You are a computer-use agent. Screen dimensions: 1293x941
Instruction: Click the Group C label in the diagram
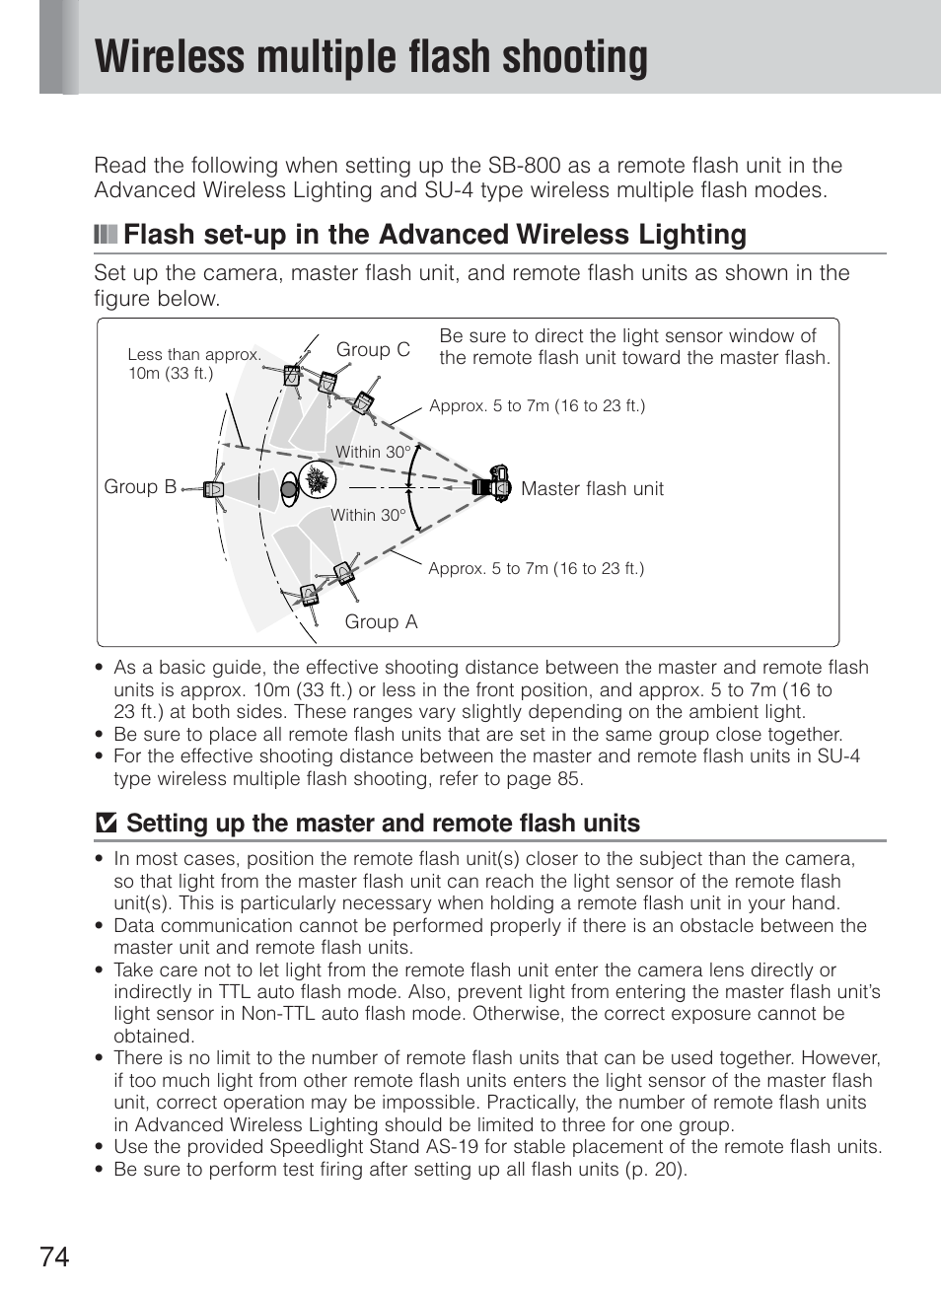pos(373,350)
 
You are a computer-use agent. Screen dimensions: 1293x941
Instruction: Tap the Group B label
pos(140,487)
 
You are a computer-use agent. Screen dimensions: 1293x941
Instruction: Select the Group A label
pos(381,621)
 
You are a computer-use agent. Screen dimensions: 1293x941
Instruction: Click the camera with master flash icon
pos(492,485)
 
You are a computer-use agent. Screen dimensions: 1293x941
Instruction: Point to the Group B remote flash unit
pos(214,489)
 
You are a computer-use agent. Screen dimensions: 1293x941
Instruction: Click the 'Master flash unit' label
pos(592,488)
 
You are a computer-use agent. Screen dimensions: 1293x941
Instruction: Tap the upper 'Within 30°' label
pos(371,452)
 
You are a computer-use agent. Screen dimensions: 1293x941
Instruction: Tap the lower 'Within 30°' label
pos(368,515)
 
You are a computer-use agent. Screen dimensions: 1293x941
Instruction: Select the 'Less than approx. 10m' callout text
pos(193,363)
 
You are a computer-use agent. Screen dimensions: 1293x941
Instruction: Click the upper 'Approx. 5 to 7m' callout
pos(537,405)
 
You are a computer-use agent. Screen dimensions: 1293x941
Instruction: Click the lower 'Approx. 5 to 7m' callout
pos(536,568)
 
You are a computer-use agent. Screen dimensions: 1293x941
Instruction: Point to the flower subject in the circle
pos(318,480)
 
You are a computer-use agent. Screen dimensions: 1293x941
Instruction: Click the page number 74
pos(55,1257)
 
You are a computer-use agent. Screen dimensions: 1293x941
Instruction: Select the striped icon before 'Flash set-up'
pos(105,235)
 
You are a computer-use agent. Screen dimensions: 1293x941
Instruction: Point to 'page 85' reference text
pos(546,778)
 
